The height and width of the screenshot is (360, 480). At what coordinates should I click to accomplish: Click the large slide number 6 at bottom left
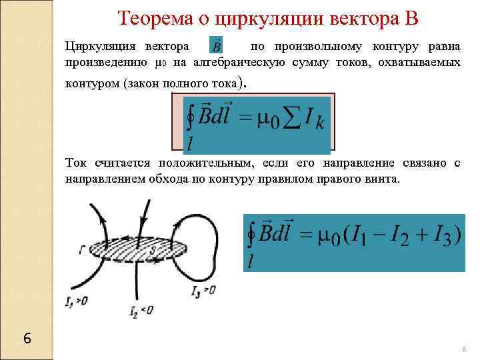pyautogui.click(x=27, y=337)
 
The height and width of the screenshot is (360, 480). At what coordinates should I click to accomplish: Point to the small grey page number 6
pyautogui.click(x=464, y=349)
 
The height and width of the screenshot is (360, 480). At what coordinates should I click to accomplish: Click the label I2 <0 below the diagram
pyautogui.click(x=142, y=310)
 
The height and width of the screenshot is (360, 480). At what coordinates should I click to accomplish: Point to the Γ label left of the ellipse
pyautogui.click(x=81, y=249)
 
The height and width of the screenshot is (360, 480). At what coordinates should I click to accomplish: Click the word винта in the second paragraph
pyautogui.click(x=382, y=179)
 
